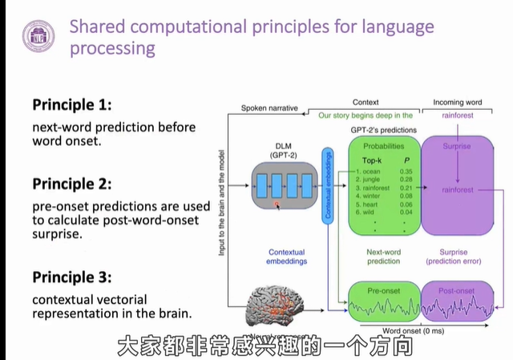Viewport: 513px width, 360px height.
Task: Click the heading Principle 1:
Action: coord(72,105)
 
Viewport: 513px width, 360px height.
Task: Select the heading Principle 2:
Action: coord(72,184)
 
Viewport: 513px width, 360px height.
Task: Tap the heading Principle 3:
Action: coord(72,277)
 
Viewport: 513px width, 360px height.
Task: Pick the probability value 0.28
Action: coord(406,181)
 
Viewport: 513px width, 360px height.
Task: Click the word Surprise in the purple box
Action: coord(454,147)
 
